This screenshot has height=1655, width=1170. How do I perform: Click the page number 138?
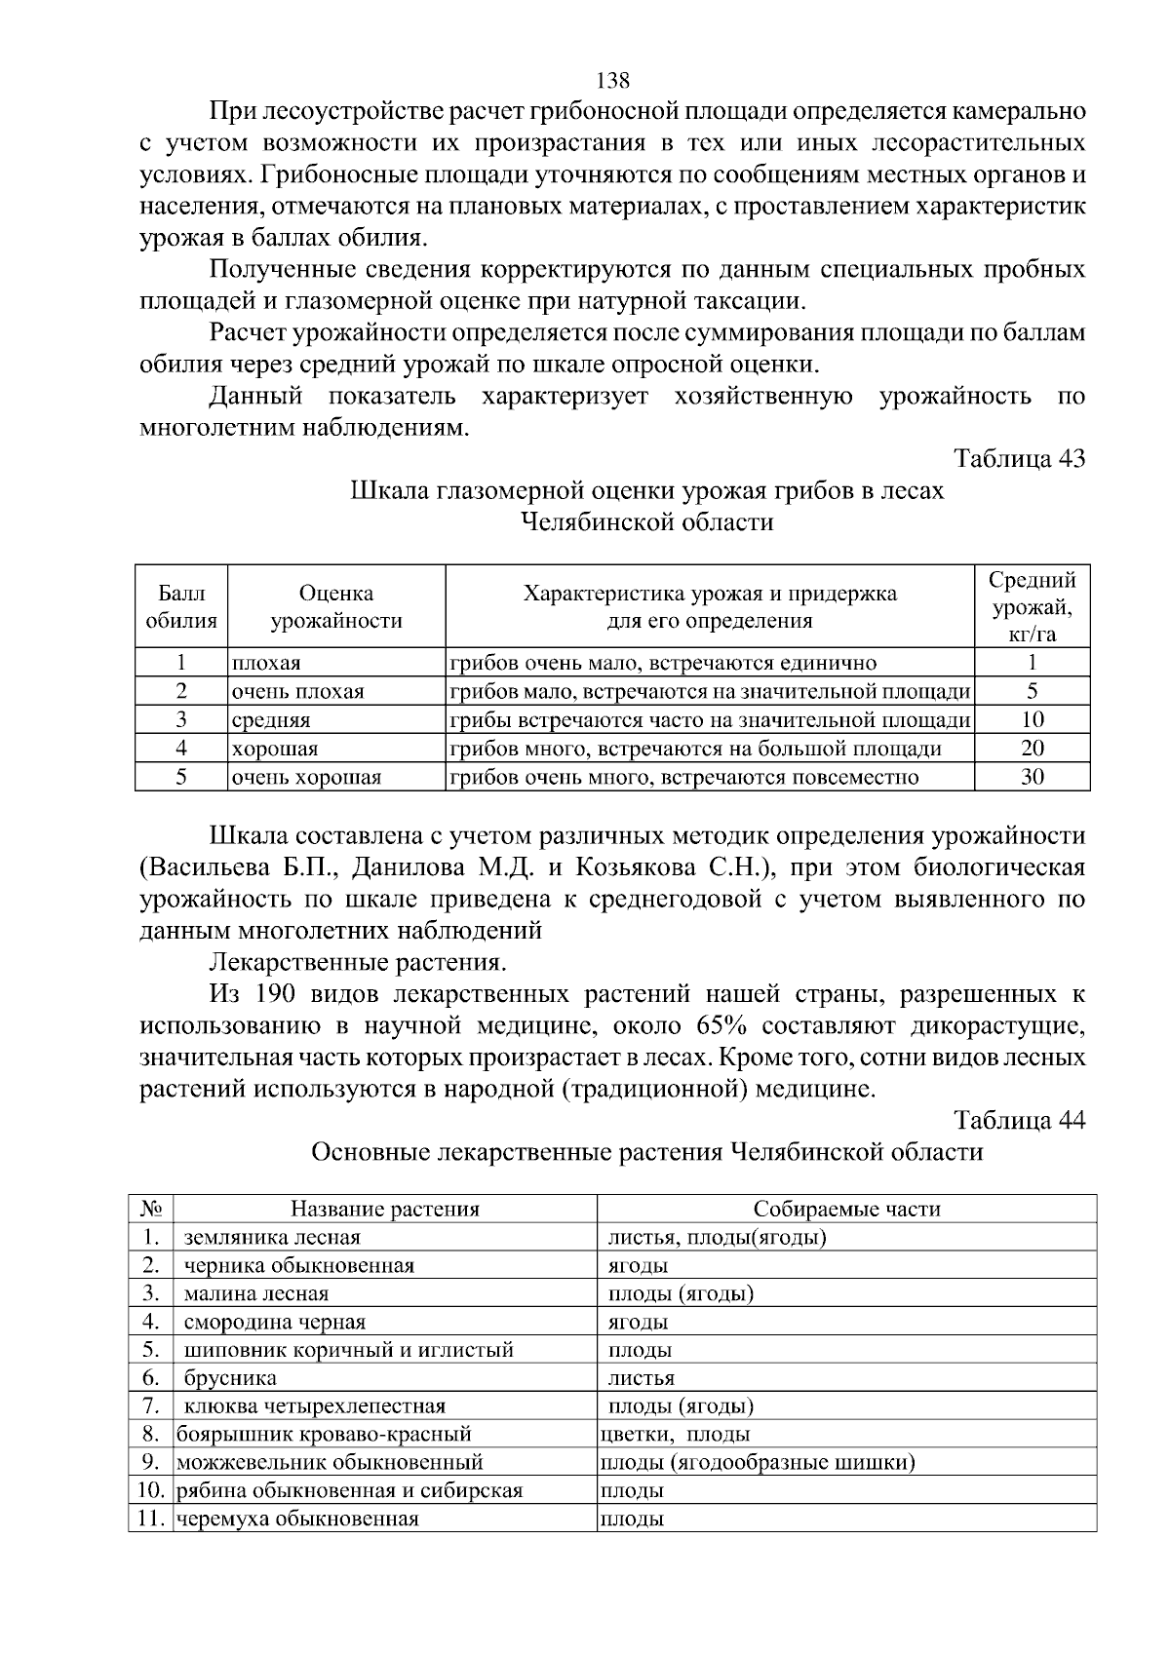[612, 80]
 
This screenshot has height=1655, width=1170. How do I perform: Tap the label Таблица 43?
[1019, 458]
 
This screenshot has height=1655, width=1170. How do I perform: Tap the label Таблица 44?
[1019, 1120]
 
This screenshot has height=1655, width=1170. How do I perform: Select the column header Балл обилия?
[181, 606]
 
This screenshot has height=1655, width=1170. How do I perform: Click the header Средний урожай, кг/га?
[1032, 606]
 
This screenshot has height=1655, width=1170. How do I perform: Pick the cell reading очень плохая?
[297, 692]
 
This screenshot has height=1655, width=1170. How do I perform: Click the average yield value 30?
[1032, 777]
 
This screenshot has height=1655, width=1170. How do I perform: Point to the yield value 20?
[1032, 749]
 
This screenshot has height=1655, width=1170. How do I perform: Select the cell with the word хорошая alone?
[274, 750]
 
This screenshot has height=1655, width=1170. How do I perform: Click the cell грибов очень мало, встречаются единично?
[662, 664]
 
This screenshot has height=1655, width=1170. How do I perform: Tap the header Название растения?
[385, 1210]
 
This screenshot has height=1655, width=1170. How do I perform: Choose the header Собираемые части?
[846, 1210]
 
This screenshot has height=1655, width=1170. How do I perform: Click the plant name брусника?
[230, 1378]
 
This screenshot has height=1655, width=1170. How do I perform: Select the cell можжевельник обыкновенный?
[330, 1462]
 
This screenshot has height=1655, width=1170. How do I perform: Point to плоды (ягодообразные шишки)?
[757, 1462]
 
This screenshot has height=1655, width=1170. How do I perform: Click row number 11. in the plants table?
[150, 1519]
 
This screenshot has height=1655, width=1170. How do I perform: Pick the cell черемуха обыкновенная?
[297, 1519]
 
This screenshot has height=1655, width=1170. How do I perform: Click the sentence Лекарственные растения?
[358, 962]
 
